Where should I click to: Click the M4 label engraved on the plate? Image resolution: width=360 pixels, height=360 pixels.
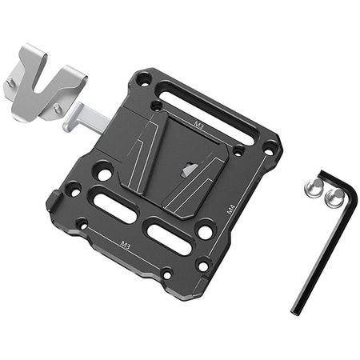[230, 210]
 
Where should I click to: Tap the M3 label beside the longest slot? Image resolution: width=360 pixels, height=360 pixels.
[198, 124]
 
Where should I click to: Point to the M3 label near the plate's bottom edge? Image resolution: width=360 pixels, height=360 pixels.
[126, 245]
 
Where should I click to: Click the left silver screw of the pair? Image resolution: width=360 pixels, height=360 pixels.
[313, 188]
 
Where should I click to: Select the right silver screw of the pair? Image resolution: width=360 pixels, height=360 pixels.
[334, 198]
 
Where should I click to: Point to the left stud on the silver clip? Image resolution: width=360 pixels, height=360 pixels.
[10, 80]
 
